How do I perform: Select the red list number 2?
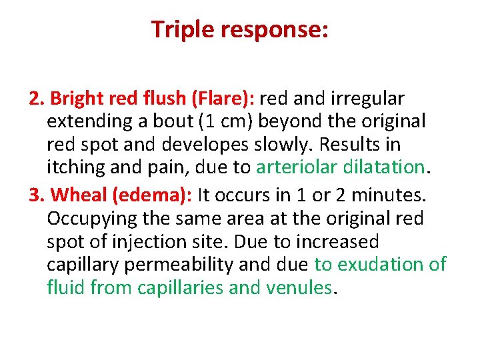click(x=37, y=99)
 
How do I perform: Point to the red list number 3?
click(x=37, y=195)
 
